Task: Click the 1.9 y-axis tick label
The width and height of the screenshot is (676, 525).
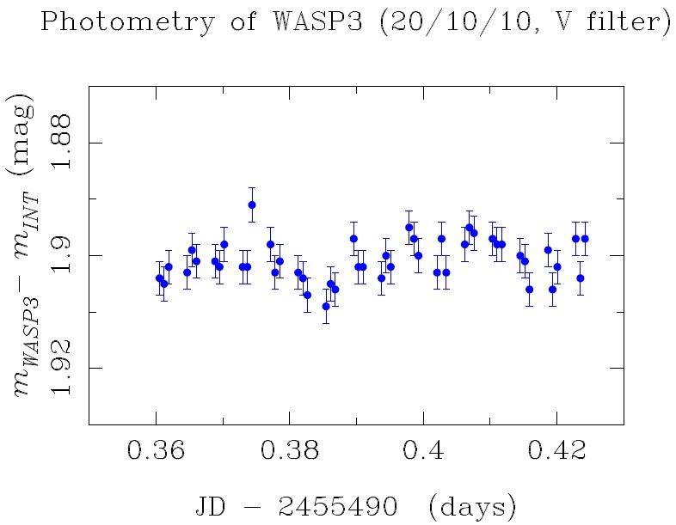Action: pyautogui.click(x=65, y=255)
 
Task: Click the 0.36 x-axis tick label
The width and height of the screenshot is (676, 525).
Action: pyautogui.click(x=155, y=452)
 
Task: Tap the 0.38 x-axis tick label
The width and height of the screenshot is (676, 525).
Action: pyautogui.click(x=290, y=452)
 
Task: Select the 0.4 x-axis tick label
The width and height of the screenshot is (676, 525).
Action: pyautogui.click(x=423, y=452)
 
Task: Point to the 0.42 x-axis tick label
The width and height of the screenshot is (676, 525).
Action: pyautogui.click(x=556, y=452)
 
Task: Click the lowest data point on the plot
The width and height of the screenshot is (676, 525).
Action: pyautogui.click(x=326, y=306)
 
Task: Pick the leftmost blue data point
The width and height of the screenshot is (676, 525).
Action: pyautogui.click(x=159, y=278)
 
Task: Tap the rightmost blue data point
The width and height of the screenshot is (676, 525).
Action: pyautogui.click(x=585, y=239)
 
